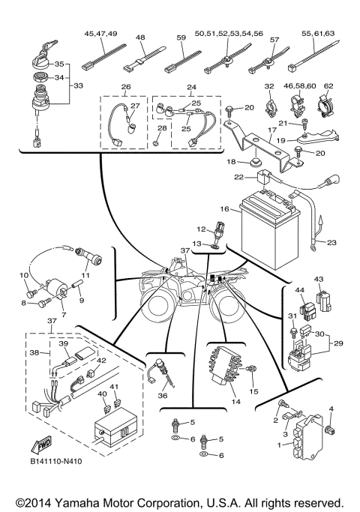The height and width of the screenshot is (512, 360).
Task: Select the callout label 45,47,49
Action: pyautogui.click(x=100, y=34)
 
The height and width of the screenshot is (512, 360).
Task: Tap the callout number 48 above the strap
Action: pyautogui.click(x=140, y=36)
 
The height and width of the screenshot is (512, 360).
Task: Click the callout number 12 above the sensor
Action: pyautogui.click(x=201, y=229)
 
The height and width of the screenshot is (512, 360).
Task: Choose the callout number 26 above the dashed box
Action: pyautogui.click(x=125, y=87)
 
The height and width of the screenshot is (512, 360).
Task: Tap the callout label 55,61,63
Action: pyautogui.click(x=318, y=34)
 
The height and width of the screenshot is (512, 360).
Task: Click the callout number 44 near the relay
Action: pyautogui.click(x=298, y=290)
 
